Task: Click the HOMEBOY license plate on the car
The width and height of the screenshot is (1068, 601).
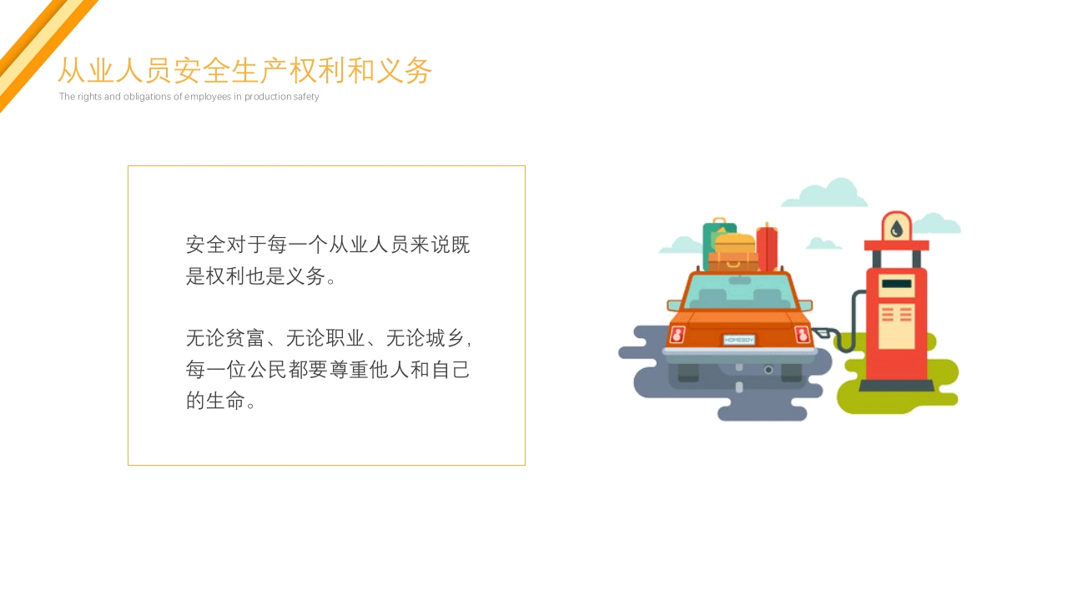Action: click(x=738, y=341)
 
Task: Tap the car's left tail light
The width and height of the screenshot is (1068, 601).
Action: click(x=677, y=335)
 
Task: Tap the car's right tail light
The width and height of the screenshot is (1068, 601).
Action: click(x=802, y=335)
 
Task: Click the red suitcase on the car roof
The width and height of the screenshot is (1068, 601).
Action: click(x=767, y=249)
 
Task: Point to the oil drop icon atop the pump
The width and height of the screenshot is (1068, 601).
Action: click(x=896, y=227)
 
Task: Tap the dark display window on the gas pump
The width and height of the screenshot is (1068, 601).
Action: click(x=896, y=284)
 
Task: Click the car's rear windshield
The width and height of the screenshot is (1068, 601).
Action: click(x=739, y=292)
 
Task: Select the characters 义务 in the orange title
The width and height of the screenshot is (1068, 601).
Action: click(x=404, y=71)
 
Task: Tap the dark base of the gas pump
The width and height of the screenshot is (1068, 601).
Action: click(x=896, y=386)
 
